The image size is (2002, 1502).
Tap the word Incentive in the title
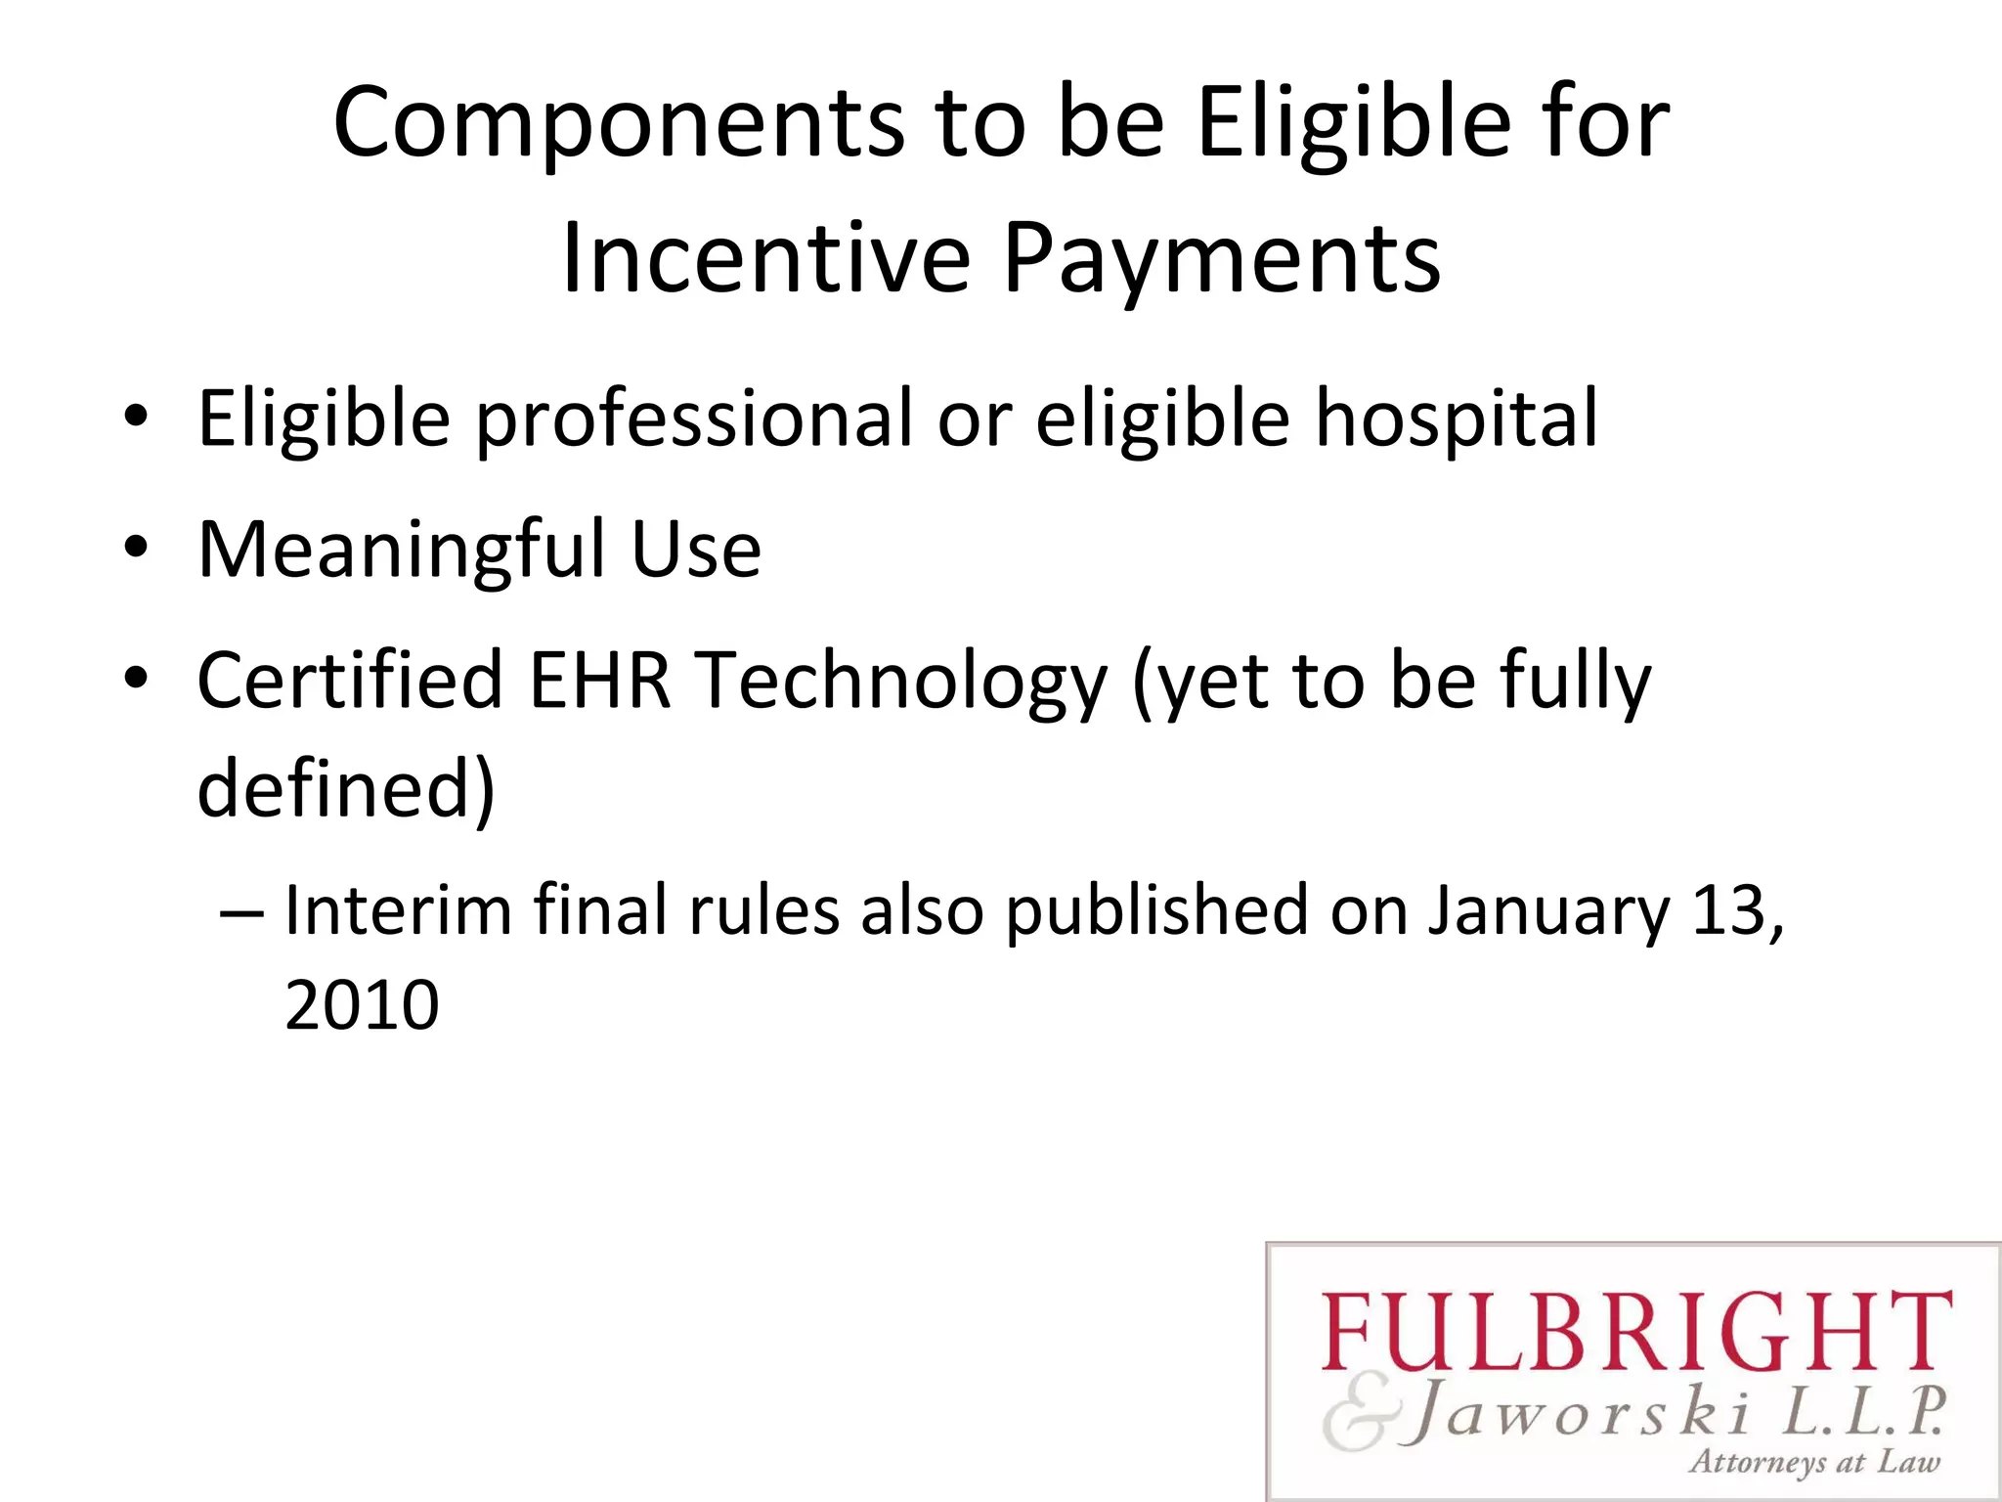[765, 258]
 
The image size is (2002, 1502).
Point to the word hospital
[1457, 420]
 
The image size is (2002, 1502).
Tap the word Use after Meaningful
[696, 550]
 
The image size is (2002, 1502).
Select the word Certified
[349, 680]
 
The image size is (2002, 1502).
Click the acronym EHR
[599, 680]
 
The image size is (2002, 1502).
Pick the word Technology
[901, 682]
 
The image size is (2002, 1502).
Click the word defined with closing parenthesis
[346, 787]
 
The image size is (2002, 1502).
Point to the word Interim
[398, 910]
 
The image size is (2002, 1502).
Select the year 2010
[362, 1005]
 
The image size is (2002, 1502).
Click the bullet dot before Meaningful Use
[136, 548]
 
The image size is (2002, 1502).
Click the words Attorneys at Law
[1814, 1462]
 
